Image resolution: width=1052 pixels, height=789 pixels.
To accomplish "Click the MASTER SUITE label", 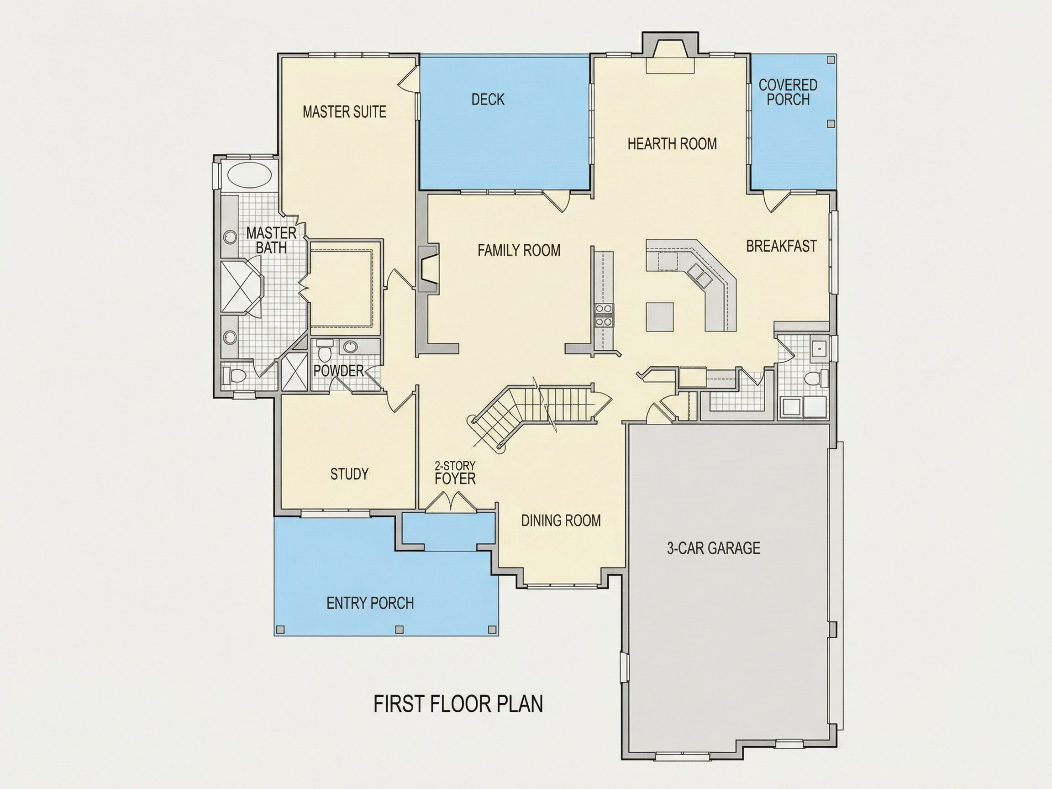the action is (344, 112).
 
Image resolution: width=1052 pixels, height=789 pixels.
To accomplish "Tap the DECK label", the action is (488, 100).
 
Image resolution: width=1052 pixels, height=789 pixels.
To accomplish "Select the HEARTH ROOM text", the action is (672, 144).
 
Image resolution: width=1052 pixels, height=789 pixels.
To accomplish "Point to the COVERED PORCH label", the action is (788, 92).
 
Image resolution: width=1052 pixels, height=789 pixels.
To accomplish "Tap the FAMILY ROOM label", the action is (519, 250).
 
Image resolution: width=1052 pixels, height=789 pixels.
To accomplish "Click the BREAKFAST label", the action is (781, 246).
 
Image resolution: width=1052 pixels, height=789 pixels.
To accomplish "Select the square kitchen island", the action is (660, 316).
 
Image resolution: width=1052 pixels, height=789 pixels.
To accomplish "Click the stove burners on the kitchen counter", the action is (604, 316).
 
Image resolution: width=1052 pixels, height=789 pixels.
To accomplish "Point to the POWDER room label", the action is (338, 370).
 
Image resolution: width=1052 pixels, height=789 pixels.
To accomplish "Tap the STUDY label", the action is (350, 473).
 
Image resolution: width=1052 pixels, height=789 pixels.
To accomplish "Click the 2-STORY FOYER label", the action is (455, 473).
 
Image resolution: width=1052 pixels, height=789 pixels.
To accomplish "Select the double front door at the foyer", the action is (449, 502).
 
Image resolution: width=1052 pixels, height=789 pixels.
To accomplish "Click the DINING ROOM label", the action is (561, 521).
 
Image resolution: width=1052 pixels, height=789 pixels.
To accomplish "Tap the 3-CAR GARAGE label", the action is (713, 548).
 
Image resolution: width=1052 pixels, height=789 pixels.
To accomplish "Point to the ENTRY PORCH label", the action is (370, 603).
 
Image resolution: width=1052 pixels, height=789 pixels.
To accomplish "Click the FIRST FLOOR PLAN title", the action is (458, 704).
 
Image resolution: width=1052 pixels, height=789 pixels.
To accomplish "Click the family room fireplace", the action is (428, 268).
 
